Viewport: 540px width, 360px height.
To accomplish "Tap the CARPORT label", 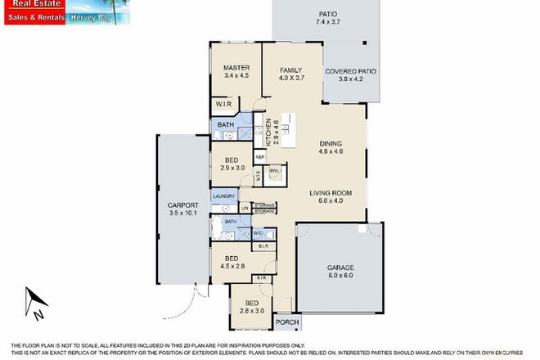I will (x=173, y=206).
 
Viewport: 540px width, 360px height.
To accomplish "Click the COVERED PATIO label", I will (x=350, y=72).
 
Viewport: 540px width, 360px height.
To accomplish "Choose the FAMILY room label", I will (x=292, y=70).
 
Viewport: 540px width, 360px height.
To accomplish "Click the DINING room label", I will (x=331, y=144).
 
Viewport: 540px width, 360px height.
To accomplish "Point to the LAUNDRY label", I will (x=223, y=196).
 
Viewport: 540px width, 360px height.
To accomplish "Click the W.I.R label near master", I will (x=223, y=105).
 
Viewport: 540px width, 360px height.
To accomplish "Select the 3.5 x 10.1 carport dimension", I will (x=173, y=214).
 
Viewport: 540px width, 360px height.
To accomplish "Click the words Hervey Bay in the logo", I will (x=88, y=20).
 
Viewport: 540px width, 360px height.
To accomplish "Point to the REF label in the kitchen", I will (x=259, y=155).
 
